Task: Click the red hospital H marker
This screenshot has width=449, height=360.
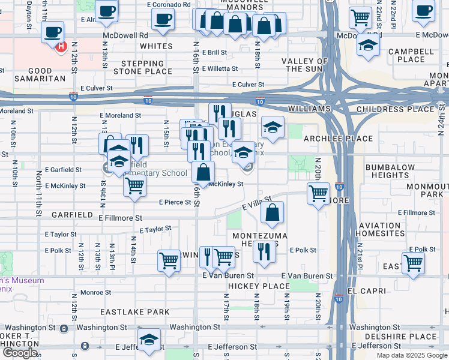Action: coord(60,47)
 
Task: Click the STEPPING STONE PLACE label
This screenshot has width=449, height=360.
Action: coord(147,67)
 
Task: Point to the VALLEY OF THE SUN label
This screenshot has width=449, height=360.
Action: coord(305,65)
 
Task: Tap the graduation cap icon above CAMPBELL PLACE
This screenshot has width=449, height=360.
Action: coord(368,46)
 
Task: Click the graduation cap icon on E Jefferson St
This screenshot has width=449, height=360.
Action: coord(149,340)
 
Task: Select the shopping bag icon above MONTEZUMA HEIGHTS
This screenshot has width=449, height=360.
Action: coord(273,212)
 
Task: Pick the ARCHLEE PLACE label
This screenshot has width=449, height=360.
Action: coord(347,139)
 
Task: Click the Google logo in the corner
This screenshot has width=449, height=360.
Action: coord(20,353)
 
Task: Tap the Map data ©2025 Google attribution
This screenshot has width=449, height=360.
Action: coord(412,355)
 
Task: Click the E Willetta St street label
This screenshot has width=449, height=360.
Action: coord(223,68)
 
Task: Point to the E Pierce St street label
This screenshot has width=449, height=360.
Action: coord(175,202)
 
